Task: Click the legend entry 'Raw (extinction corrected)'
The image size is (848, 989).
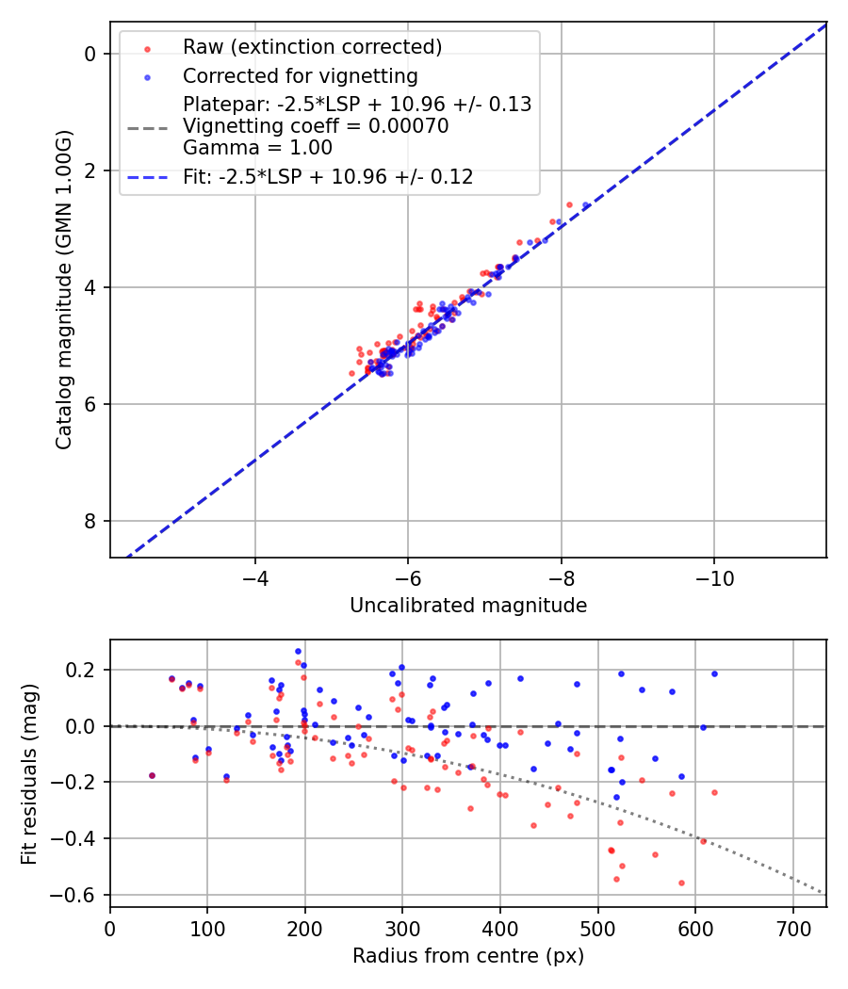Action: (x=312, y=47)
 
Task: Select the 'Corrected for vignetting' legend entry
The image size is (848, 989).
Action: (x=300, y=75)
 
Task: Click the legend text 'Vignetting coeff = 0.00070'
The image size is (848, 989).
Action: (x=316, y=126)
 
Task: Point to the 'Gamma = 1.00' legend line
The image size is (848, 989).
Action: (x=257, y=148)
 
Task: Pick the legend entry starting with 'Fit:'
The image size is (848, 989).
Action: (x=328, y=176)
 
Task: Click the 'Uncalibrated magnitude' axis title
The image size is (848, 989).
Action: (x=468, y=606)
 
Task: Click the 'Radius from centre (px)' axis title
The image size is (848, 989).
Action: (x=468, y=956)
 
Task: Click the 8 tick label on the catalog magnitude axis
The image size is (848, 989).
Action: (x=90, y=521)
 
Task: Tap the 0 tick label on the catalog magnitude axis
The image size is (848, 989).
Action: (x=90, y=54)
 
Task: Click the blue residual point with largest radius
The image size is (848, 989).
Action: (x=714, y=673)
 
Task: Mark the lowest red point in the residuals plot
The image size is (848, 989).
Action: (x=681, y=883)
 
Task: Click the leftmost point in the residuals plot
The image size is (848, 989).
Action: (x=152, y=775)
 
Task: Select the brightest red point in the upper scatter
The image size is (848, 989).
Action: (x=569, y=204)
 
